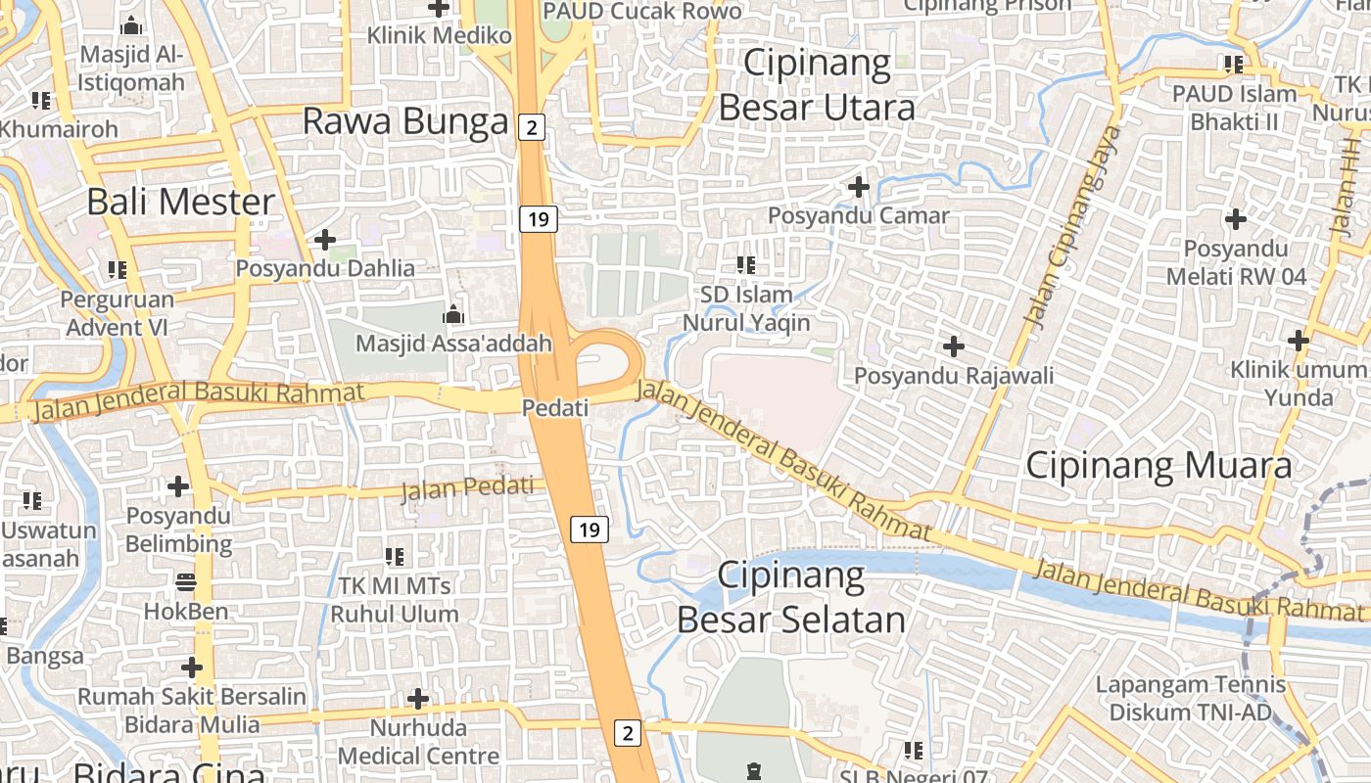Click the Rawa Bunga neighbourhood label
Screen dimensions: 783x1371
(405, 121)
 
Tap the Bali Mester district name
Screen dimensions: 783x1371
(181, 202)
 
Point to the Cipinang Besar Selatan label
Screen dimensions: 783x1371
(791, 597)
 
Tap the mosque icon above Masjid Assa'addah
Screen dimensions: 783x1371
(452, 314)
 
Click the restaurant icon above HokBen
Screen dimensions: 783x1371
(186, 582)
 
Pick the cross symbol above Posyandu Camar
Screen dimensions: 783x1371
(859, 186)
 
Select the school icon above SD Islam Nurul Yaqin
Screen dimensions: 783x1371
(746, 264)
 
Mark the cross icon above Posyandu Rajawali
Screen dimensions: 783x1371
(954, 345)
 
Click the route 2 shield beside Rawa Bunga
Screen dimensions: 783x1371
(532, 125)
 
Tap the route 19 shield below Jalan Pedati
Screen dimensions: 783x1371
(589, 530)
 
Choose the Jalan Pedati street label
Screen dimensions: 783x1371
(473, 486)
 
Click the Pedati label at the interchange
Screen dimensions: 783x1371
(555, 407)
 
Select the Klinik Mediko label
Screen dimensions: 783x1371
(440, 35)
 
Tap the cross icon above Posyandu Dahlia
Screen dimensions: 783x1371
(324, 239)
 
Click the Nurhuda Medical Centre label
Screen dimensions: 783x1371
(418, 742)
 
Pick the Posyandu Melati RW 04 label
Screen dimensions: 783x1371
(1236, 262)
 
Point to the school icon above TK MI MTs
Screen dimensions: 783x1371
(395, 557)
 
